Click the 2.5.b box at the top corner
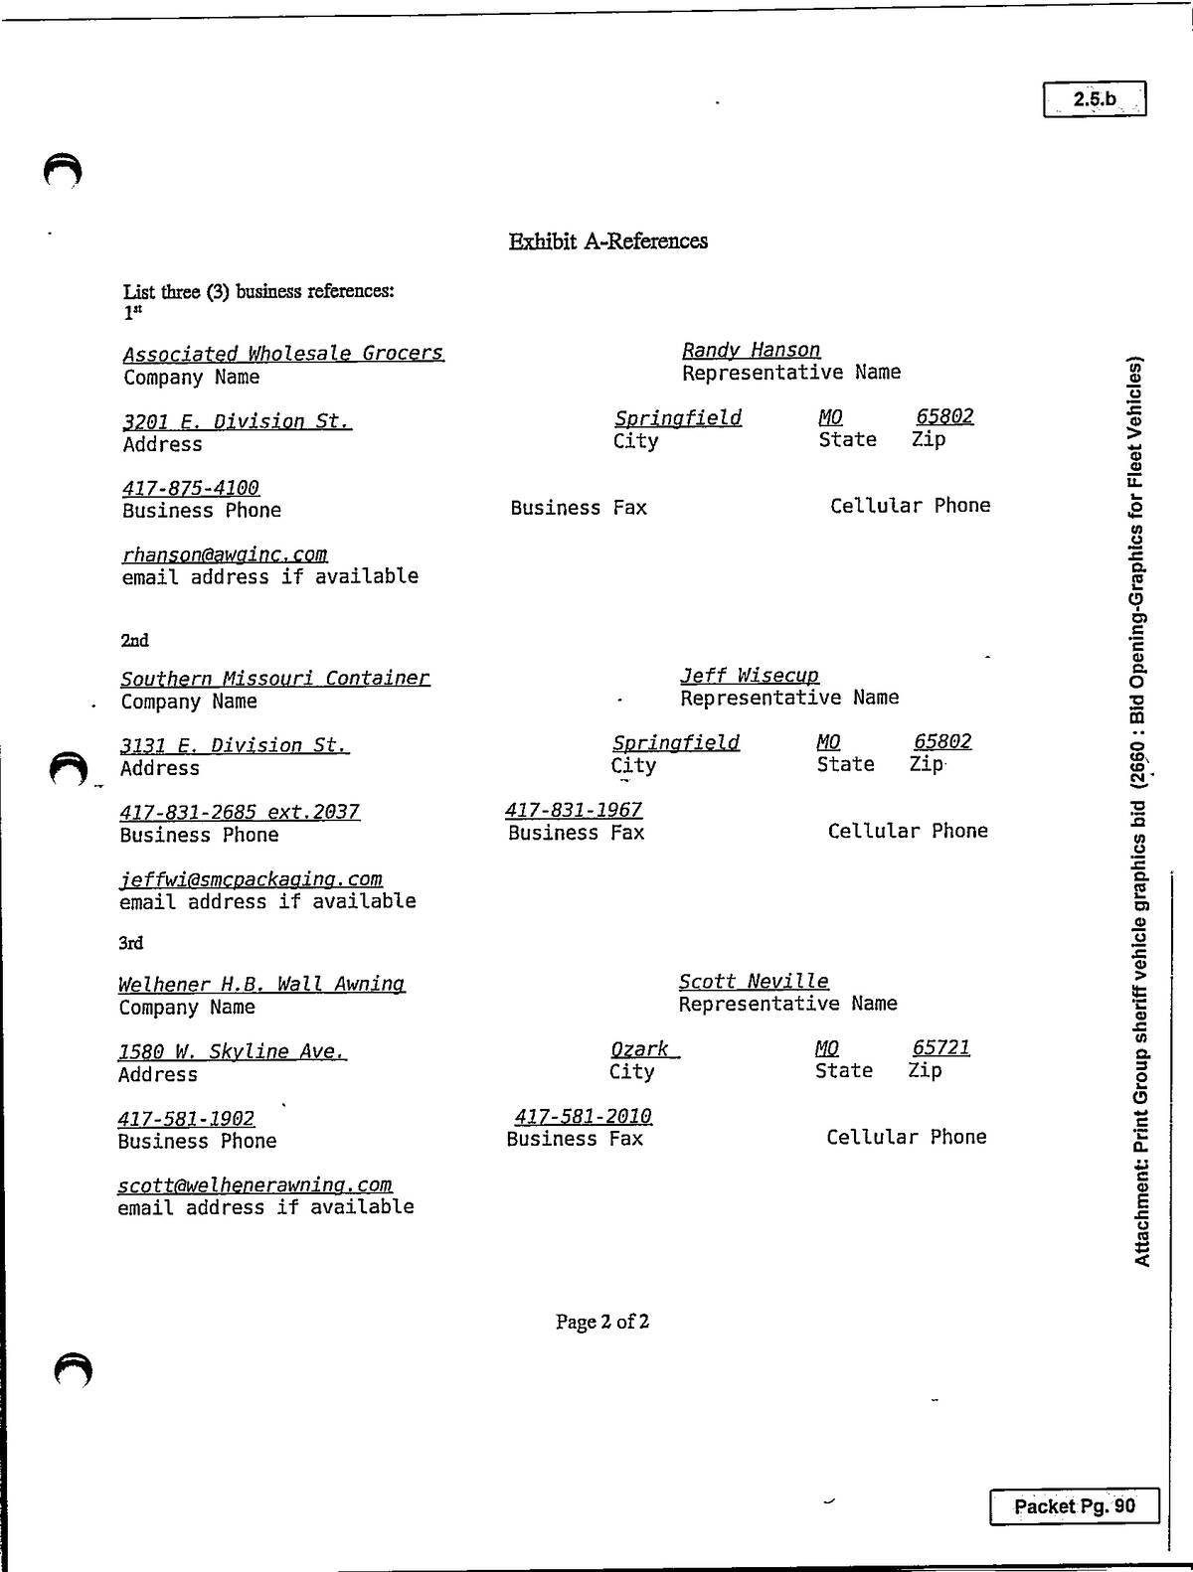1095,98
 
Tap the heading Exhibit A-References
607,240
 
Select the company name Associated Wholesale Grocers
283,354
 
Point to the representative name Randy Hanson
751,350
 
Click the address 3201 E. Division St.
237,421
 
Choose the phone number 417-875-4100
191,489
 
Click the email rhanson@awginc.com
225,555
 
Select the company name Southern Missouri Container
275,679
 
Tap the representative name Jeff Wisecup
750,676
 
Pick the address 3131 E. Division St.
235,745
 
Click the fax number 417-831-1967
574,810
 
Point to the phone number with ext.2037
240,812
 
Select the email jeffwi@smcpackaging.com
251,878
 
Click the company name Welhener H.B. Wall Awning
261,984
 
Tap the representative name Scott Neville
754,981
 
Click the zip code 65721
940,1047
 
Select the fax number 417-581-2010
584,1117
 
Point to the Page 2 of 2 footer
602,1322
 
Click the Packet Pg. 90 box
1074,1506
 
